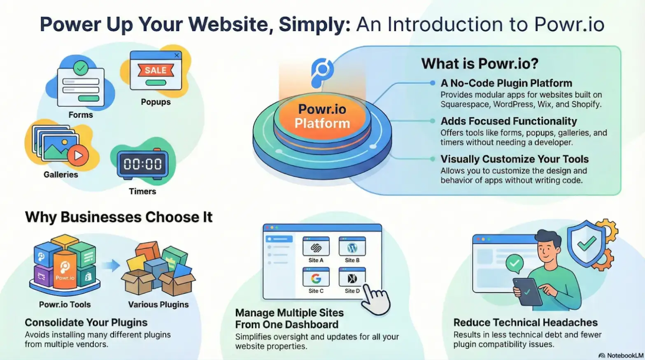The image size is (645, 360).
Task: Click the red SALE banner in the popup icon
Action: click(x=156, y=70)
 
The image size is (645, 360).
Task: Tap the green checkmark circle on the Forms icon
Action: click(x=81, y=68)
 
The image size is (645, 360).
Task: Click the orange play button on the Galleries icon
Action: click(x=78, y=156)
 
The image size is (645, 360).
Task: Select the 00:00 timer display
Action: click(x=142, y=164)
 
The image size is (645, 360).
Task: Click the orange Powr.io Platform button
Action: click(x=322, y=116)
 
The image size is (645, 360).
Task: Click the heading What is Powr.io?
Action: click(x=480, y=63)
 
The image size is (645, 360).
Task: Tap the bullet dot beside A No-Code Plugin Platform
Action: click(x=433, y=83)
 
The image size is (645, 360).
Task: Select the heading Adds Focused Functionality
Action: click(x=509, y=121)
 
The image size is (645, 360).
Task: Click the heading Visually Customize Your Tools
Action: click(x=515, y=159)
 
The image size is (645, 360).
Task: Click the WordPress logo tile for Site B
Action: click(x=352, y=246)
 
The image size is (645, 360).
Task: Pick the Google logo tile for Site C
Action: click(x=316, y=277)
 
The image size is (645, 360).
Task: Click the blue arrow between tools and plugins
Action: click(x=111, y=265)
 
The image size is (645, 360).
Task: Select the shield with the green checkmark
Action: click(x=586, y=244)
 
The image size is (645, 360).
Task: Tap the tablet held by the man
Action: click(x=527, y=292)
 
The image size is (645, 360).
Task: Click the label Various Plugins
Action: click(x=158, y=304)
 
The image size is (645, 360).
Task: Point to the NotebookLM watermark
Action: click(x=621, y=356)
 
